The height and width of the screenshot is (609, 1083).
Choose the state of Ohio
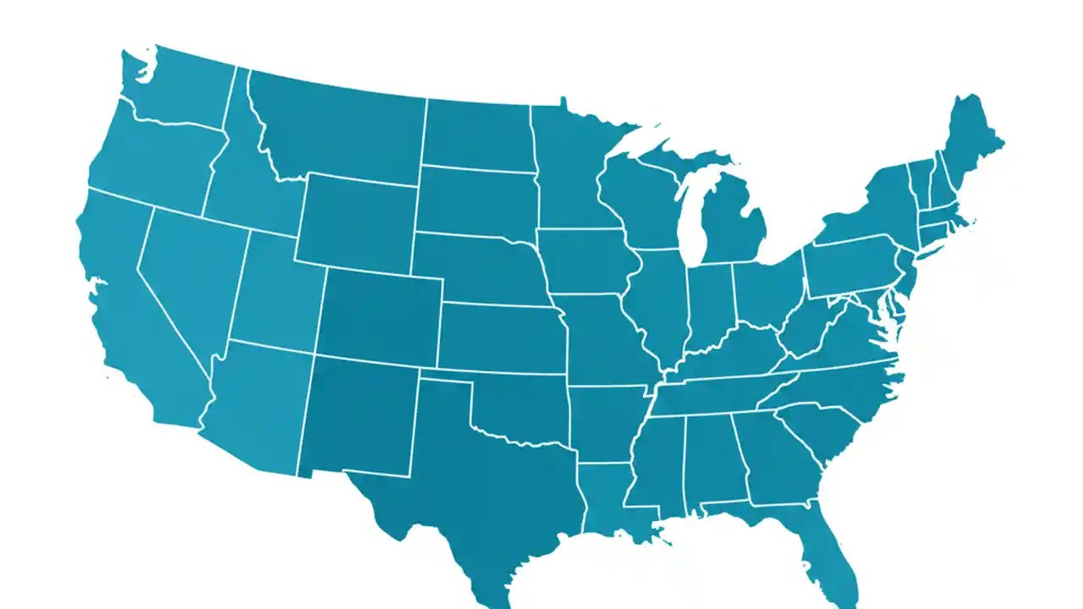tap(766, 292)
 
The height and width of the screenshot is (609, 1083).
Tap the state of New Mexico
tap(360, 414)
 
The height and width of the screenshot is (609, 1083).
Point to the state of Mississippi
tap(656, 461)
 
